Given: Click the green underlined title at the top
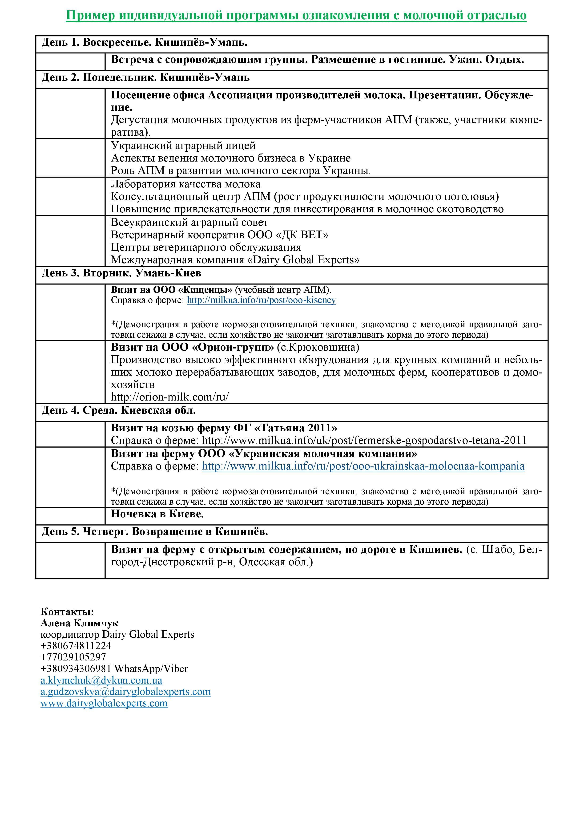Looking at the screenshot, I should [x=296, y=15].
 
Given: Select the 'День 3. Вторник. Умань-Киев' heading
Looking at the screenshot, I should [x=121, y=273].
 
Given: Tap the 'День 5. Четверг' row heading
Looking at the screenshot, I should [x=155, y=531].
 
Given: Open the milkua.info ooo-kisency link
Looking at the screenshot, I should [x=261, y=300].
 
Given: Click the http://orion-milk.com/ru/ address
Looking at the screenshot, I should [x=169, y=397].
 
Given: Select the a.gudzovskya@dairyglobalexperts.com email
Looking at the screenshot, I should [x=125, y=692].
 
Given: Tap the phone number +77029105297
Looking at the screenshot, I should [x=73, y=657].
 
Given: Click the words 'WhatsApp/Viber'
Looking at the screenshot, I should [x=151, y=668].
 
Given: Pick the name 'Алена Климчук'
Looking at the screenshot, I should [x=80, y=623].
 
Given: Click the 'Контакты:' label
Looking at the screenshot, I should [x=67, y=611].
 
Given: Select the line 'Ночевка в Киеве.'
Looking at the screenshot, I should [x=157, y=514].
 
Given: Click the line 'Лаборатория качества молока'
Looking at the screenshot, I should [x=185, y=184].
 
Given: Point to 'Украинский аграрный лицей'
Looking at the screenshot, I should [x=183, y=146].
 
